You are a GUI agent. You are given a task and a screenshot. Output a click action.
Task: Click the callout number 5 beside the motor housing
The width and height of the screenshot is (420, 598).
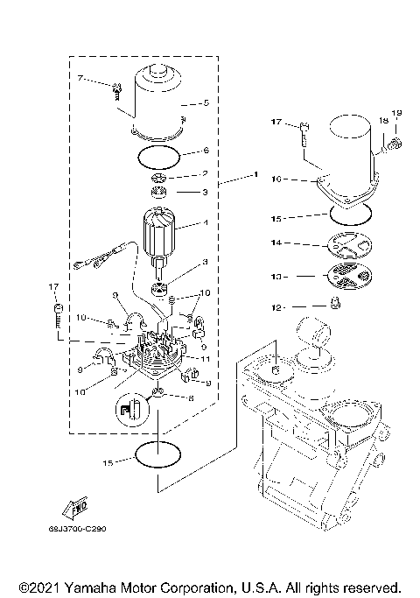pos(206,102)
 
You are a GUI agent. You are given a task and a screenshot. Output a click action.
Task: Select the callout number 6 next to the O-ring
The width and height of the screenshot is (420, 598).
pos(206,151)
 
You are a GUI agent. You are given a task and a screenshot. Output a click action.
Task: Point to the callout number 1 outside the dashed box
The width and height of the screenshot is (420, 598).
pos(255,176)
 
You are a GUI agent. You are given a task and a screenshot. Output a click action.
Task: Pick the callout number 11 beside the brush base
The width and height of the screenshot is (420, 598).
pos(206,359)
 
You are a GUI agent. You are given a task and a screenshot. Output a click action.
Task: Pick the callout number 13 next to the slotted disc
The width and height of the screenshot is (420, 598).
pos(276,276)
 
